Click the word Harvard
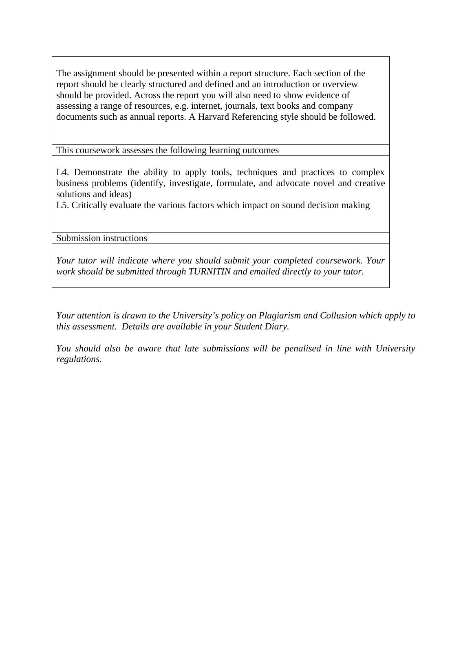tap(213, 117)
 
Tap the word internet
tap(205, 106)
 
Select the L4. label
tap(63, 172)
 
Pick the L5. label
tap(63, 205)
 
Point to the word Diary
tap(278, 327)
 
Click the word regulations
tap(79, 359)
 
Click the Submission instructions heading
tap(101, 238)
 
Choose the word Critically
tap(89, 205)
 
